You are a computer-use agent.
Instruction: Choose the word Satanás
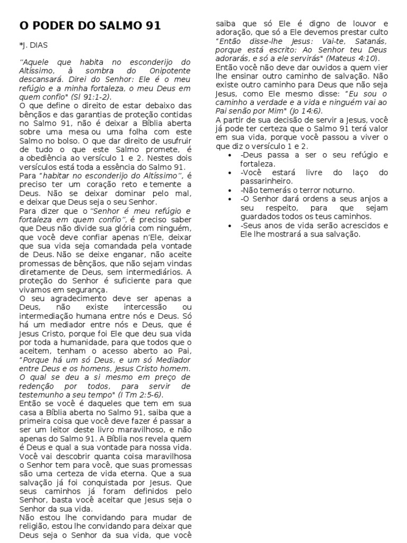coord(367,41)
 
